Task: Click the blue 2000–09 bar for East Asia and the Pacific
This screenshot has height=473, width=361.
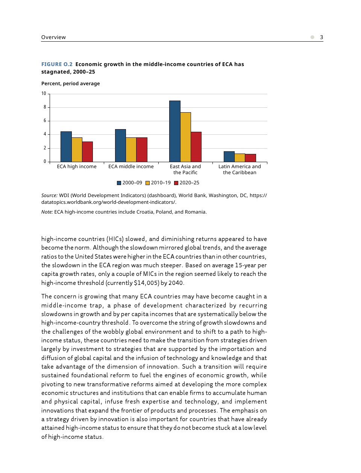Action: coord(175,131)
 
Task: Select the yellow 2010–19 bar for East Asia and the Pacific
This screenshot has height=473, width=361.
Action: coord(185,137)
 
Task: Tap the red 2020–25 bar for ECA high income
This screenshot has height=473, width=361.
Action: coord(88,152)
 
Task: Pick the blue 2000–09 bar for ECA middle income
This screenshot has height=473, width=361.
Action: coord(120,146)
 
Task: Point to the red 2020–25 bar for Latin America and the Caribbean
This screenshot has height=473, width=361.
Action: coord(250,158)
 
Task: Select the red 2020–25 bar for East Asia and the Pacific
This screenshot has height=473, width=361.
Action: coord(196,147)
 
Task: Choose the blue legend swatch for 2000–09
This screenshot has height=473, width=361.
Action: coord(119,183)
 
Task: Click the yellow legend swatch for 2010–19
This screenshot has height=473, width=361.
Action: coord(148,183)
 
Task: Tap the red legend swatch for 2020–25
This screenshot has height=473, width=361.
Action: coord(176,183)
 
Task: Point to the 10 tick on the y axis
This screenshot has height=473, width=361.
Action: coord(44,93)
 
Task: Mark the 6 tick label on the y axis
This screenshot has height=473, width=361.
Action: coord(45,121)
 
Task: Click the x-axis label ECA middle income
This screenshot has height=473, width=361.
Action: coord(131,167)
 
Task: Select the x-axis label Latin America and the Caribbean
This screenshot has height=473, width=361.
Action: coord(240,169)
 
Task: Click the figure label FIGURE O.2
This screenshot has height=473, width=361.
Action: coord(57,64)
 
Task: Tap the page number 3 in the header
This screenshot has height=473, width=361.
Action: coord(322,37)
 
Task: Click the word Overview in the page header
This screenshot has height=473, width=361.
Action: coord(53,37)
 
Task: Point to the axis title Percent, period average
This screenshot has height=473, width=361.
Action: coord(70,83)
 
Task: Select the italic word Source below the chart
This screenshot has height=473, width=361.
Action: coord(49,195)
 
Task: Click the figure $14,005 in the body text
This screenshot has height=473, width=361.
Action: coord(146,283)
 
